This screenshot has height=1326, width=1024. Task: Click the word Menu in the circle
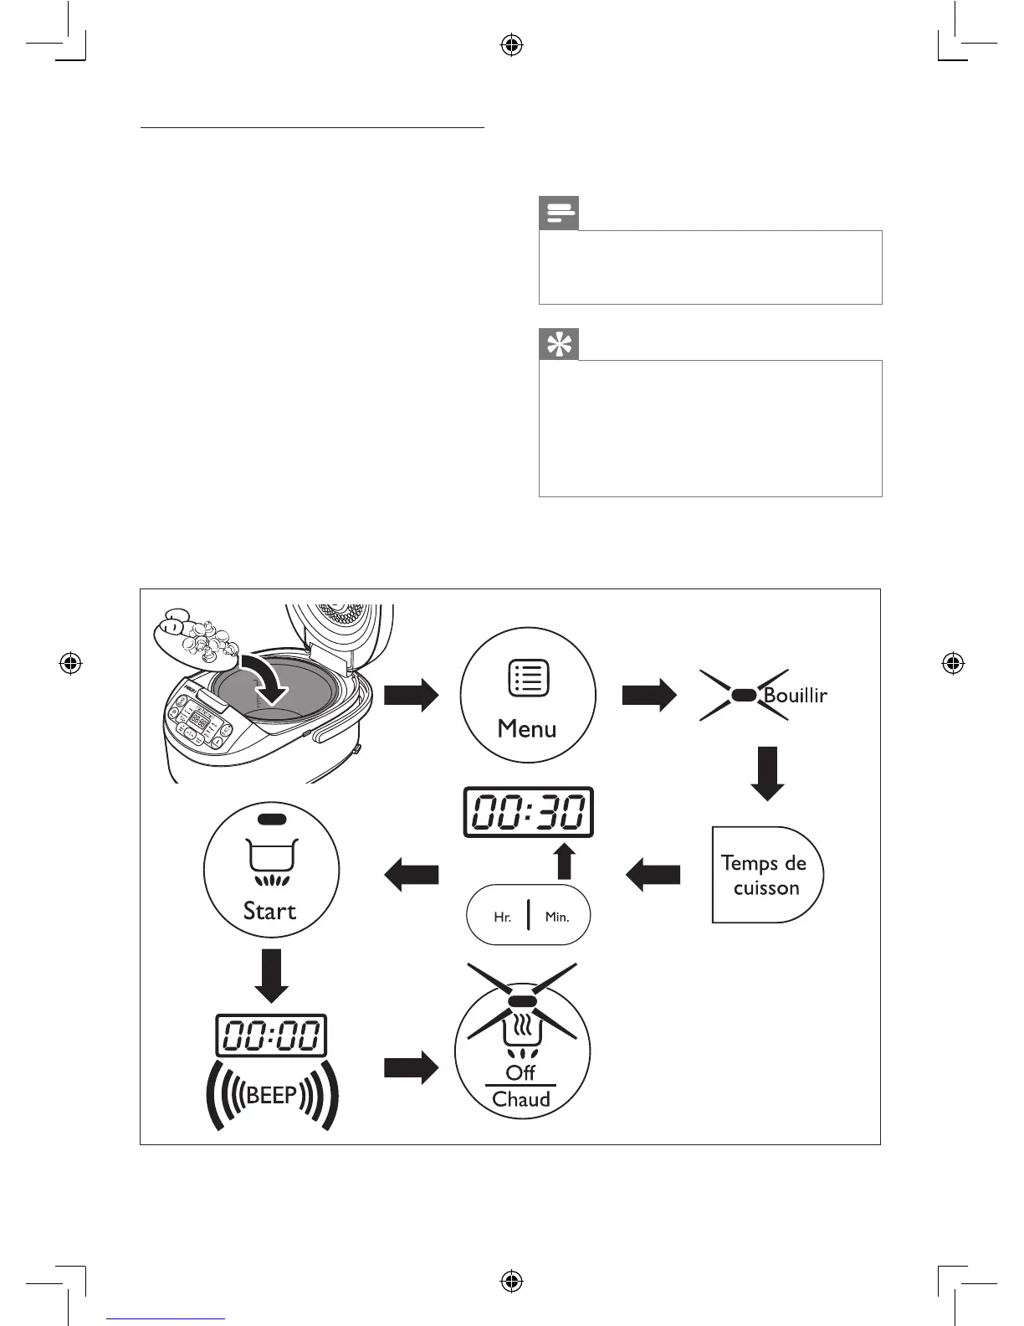527,729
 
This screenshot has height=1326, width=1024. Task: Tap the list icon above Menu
529,678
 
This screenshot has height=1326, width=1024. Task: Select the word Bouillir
795,696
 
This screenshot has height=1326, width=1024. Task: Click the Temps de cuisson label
765,875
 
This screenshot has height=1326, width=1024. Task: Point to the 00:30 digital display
529,812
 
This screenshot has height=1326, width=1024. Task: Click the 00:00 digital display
271,1036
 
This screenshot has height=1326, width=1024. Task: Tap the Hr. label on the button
502,917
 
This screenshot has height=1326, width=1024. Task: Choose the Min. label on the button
557,917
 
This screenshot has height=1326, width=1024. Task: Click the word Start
269,911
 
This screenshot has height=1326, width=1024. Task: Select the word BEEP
272,1095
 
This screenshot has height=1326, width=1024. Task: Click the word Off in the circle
520,1072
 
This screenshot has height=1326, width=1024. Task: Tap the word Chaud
521,1099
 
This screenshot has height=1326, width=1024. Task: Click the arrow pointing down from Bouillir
767,773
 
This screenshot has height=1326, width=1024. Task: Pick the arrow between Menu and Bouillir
649,695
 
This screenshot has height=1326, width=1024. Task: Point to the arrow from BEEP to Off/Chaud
411,1068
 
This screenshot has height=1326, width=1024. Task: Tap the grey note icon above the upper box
559,213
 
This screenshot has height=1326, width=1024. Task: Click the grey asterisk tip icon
559,344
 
